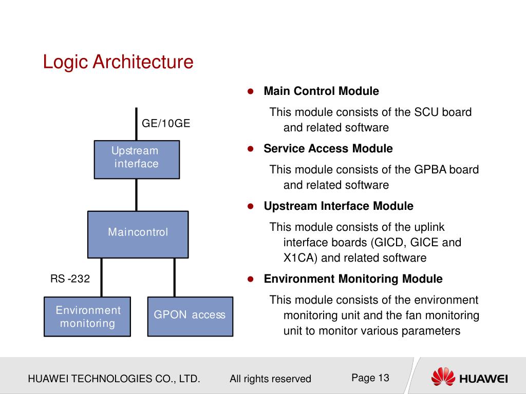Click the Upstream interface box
pyautogui.click(x=137, y=160)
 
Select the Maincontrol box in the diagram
pyautogui.click(x=138, y=234)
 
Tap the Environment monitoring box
pyautogui.click(x=87, y=317)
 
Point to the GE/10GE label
pyautogui.click(x=166, y=123)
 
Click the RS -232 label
pyautogui.click(x=70, y=279)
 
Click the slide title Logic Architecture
pyautogui.click(x=118, y=62)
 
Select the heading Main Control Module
pyautogui.click(x=321, y=91)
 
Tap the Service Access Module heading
pyautogui.click(x=328, y=149)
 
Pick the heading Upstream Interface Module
pyautogui.click(x=338, y=206)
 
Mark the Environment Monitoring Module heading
pyautogui.click(x=353, y=279)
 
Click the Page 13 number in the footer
pyautogui.click(x=370, y=378)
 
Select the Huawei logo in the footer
pyautogui.click(x=469, y=378)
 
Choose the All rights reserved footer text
pyautogui.click(x=270, y=379)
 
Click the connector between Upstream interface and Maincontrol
pyautogui.click(x=136, y=195)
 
